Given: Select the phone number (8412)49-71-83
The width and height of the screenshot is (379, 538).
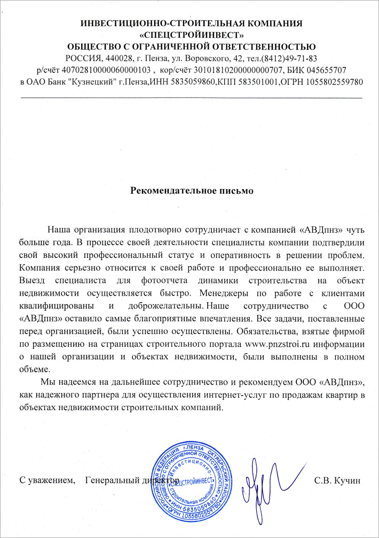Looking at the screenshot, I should click(289, 58).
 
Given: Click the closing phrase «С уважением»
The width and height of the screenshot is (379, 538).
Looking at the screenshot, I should click(45, 480).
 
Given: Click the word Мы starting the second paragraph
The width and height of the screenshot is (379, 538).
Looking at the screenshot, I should click(47, 382).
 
